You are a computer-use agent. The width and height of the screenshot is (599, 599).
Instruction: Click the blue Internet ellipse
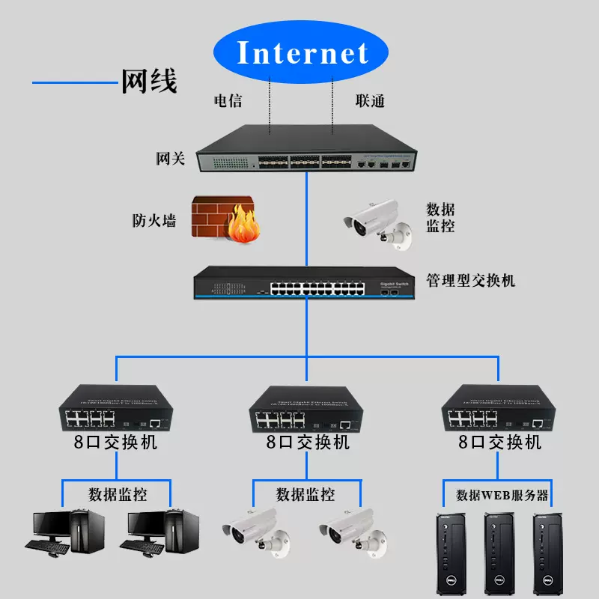coord(302,53)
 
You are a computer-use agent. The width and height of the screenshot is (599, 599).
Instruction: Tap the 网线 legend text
coord(149,80)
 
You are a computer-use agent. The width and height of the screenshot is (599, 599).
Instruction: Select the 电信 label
coord(228,101)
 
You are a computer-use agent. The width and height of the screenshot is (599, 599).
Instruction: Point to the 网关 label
coord(170,159)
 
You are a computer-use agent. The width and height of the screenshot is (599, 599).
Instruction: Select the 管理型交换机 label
coord(470,281)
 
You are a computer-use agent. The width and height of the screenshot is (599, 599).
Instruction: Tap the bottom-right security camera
coord(353,531)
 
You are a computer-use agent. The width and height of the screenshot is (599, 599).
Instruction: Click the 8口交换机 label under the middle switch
coord(308,443)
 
